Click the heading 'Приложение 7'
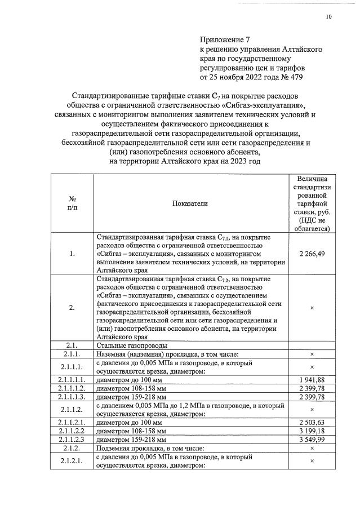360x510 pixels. [224, 40]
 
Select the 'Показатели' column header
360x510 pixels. [190, 203]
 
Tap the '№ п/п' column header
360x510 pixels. [72, 203]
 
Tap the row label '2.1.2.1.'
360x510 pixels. [72, 460]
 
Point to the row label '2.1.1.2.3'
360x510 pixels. [72, 440]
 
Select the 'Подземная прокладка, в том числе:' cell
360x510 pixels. [155, 448]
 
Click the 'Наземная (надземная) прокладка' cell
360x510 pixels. [167, 354]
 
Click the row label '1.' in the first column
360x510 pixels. [72, 254]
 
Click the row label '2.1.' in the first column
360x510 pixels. [72, 345]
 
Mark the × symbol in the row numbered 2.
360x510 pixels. [312, 308]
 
